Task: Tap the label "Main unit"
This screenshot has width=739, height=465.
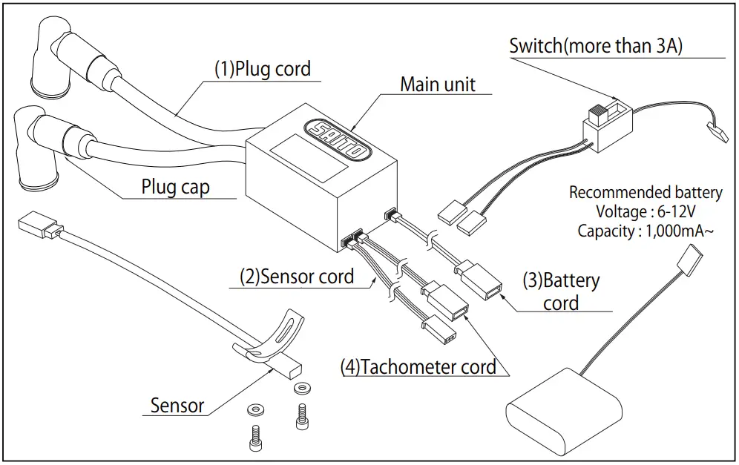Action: (438, 85)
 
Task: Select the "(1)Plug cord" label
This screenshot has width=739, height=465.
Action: (263, 69)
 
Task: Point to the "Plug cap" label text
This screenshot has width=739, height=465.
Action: (175, 187)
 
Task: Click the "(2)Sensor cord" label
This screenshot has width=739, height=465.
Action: (296, 277)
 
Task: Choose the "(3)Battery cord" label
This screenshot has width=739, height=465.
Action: (561, 291)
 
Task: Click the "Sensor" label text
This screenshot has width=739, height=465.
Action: (177, 405)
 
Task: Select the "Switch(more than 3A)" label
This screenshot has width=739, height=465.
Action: (596, 45)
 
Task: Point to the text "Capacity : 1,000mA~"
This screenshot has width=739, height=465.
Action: (645, 231)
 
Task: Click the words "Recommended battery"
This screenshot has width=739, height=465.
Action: (645, 193)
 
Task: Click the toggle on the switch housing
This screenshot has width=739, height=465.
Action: (597, 115)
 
